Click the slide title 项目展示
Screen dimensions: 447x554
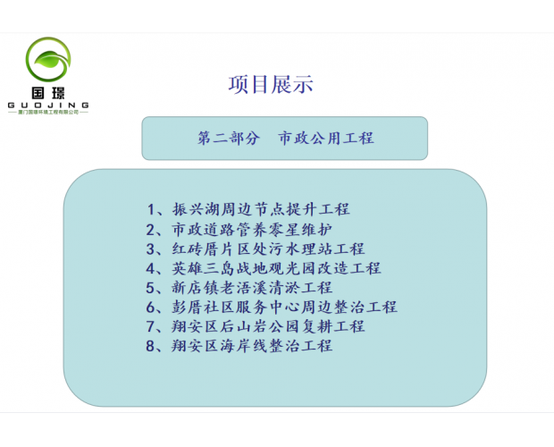click(271, 86)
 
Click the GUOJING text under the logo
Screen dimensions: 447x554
click(48, 105)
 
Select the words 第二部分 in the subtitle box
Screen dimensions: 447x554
click(229, 139)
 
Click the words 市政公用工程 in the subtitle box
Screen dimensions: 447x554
click(326, 139)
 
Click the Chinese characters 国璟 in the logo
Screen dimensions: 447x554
click(48, 92)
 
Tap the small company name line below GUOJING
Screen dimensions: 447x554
click(48, 113)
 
